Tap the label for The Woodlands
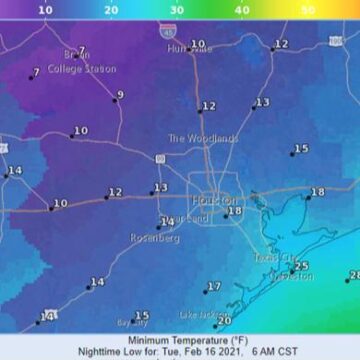pyautogui.click(x=203, y=138)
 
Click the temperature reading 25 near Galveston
pyautogui.click(x=302, y=266)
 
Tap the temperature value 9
pyautogui.click(x=120, y=96)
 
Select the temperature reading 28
pyautogui.click(x=354, y=275)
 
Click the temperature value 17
pyautogui.click(x=214, y=287)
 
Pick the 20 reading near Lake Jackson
pyautogui.click(x=225, y=321)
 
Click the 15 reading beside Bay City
pyautogui.click(x=142, y=316)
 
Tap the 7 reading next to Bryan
pyautogui.click(x=81, y=50)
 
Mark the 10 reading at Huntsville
pyautogui.click(x=198, y=44)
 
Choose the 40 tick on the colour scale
pyautogui.click(x=242, y=9)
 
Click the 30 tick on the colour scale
pyautogui.click(x=176, y=9)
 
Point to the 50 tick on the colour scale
pyautogui.click(x=308, y=9)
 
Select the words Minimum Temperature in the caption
pyautogui.click(x=164, y=340)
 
